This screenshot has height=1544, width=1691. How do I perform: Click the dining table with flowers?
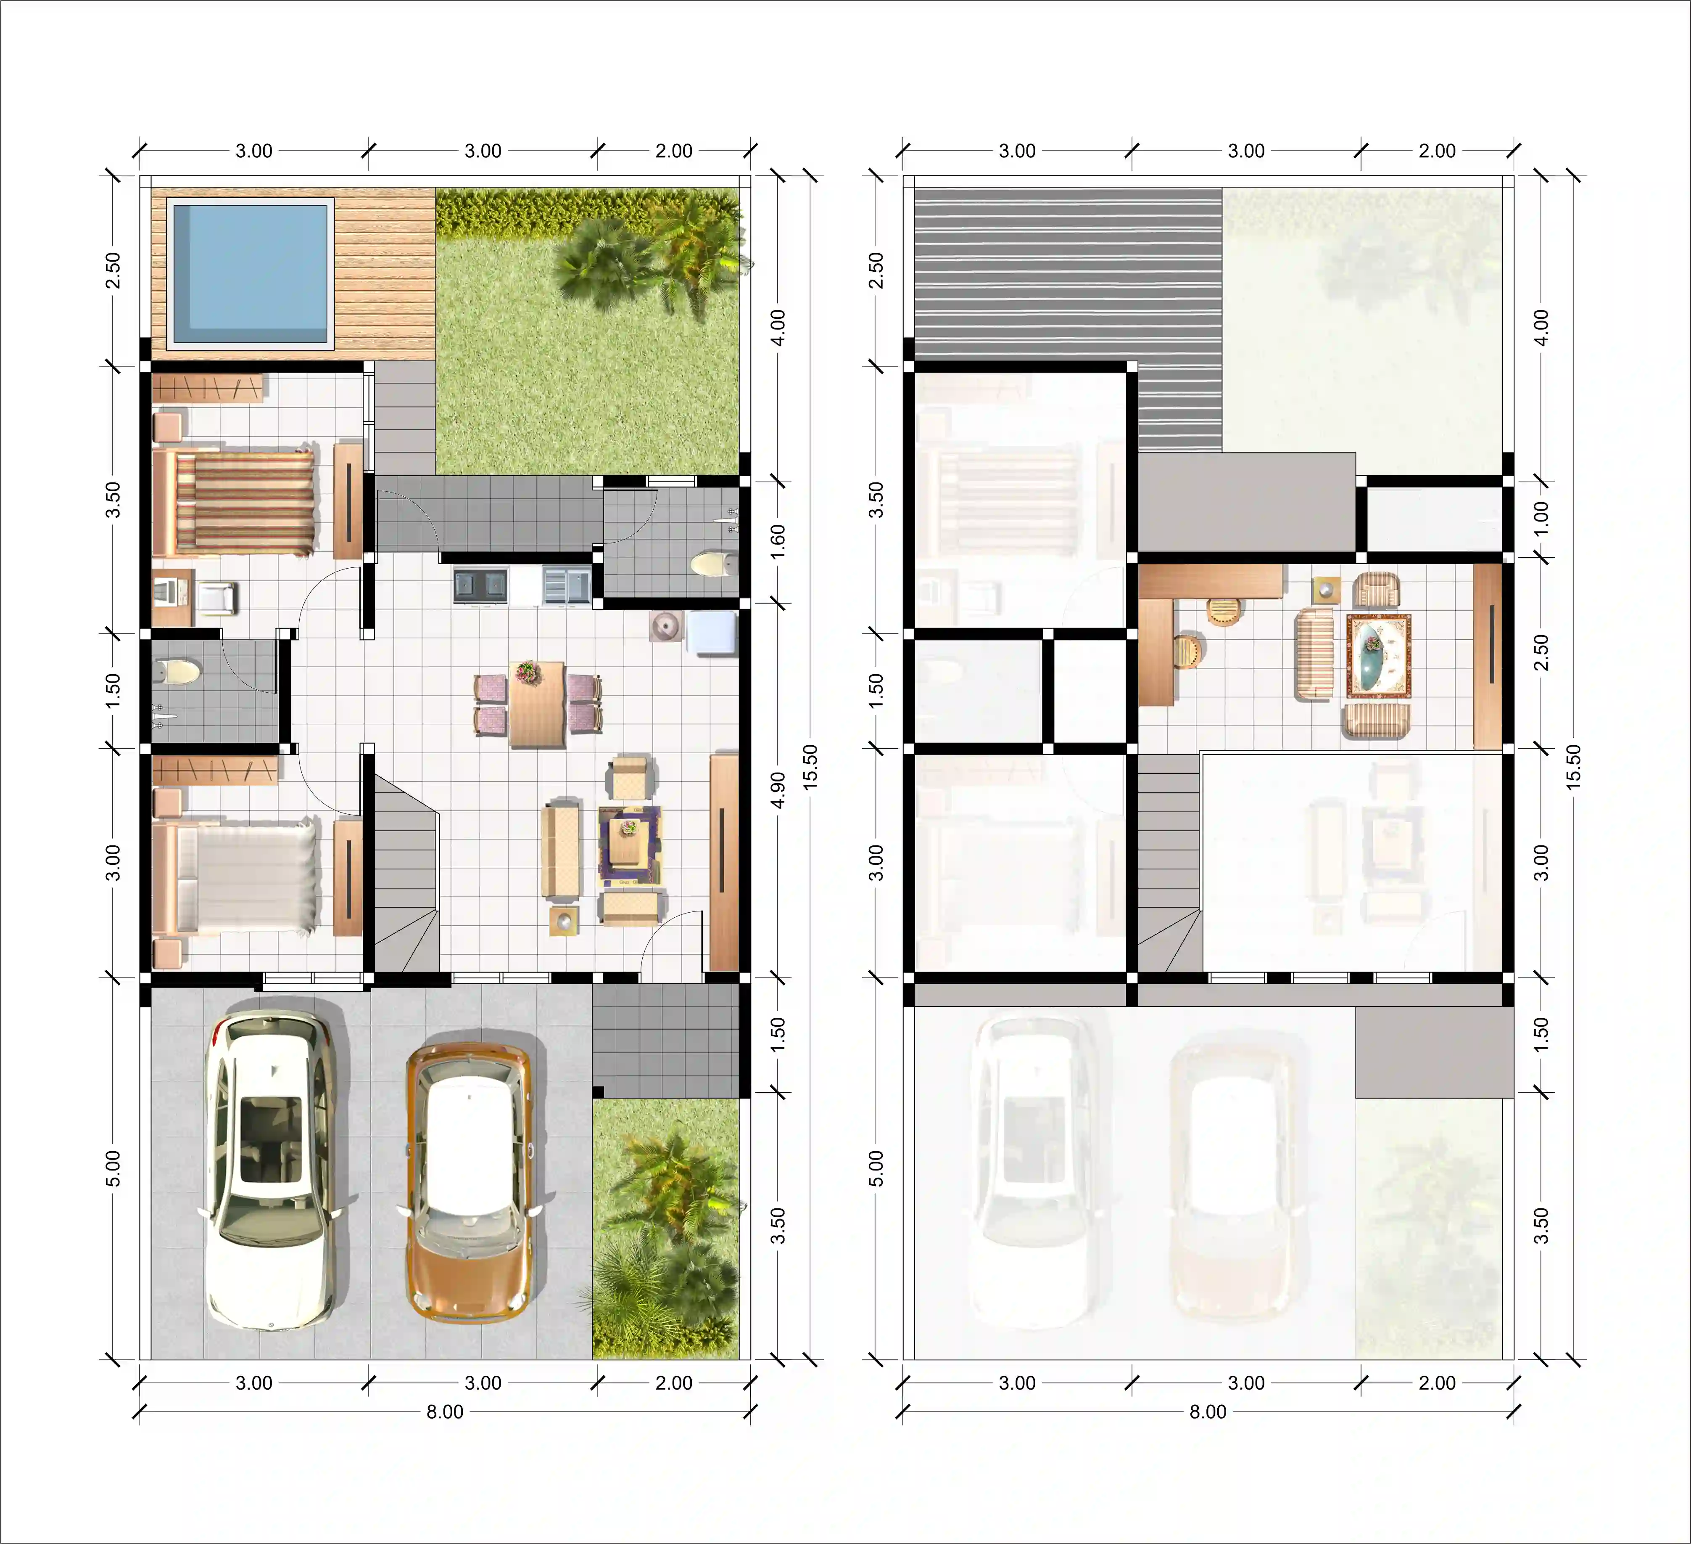(x=537, y=703)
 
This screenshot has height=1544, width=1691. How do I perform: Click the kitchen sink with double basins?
(x=480, y=585)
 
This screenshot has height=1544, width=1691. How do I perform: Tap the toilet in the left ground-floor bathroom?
(x=178, y=671)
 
